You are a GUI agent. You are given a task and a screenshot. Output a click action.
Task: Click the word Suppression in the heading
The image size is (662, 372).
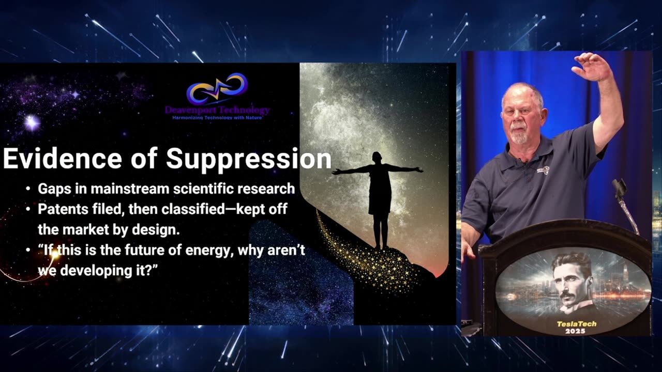pos(249,160)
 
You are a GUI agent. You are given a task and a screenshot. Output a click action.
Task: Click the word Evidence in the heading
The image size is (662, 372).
pos(63,158)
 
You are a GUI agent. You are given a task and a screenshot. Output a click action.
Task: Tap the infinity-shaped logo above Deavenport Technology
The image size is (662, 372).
pos(217,88)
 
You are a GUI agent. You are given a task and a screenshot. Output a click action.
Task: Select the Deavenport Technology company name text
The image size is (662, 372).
pos(217,111)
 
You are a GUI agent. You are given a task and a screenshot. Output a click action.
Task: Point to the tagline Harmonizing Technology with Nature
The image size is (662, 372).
pos(217,118)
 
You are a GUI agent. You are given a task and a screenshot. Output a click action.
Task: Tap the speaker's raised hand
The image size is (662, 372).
pos(591,67)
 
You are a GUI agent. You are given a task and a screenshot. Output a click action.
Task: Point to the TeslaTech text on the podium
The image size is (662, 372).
pos(577,324)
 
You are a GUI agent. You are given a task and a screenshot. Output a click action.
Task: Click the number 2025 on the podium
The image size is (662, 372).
pos(575,331)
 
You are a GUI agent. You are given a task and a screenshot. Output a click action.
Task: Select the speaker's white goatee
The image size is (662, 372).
pos(519,135)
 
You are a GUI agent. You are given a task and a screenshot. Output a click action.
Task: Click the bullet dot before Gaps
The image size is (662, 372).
pos(28,189)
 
